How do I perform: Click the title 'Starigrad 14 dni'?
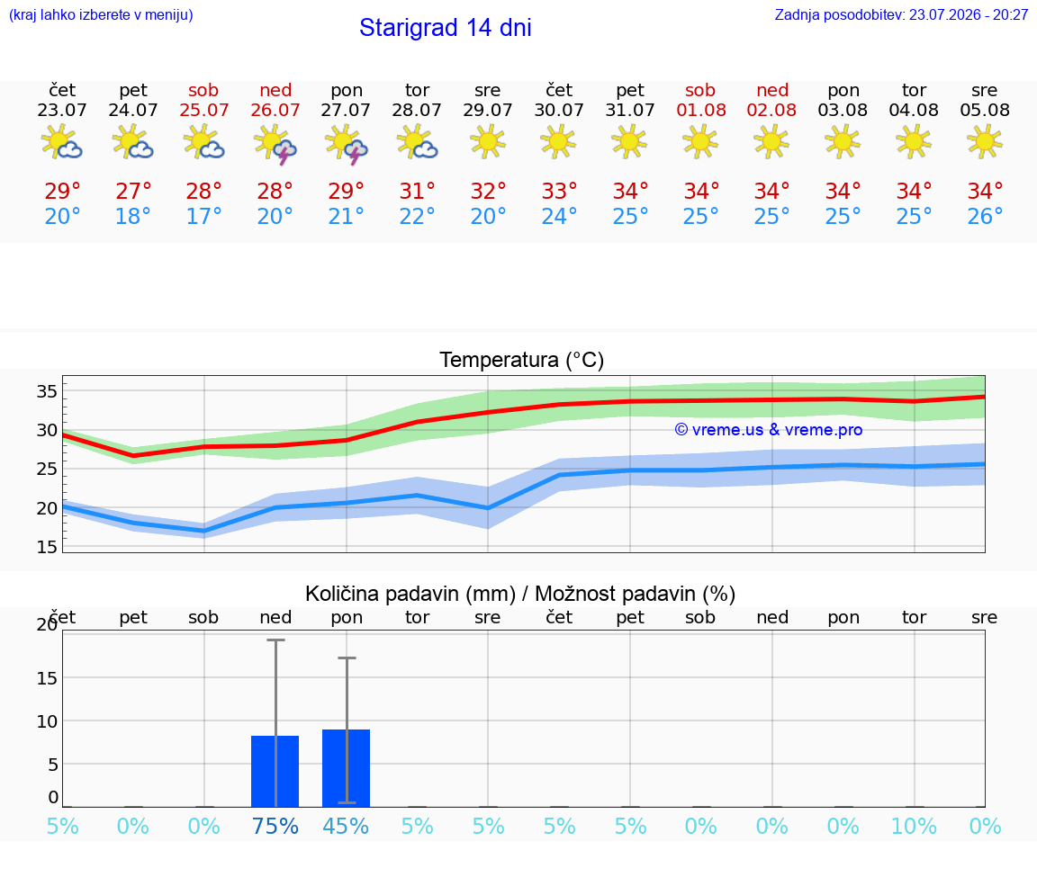click(445, 28)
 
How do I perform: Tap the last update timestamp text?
click(901, 14)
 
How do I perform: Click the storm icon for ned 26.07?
click(275, 143)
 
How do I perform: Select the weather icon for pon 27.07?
click(346, 143)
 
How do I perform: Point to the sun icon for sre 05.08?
click(984, 141)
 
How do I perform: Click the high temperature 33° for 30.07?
click(560, 191)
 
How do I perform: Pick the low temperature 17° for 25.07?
click(203, 216)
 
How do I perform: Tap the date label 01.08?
click(701, 110)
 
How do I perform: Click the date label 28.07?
click(417, 110)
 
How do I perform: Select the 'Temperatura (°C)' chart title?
click(522, 360)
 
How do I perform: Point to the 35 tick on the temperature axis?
click(47, 391)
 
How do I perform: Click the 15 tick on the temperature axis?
click(47, 547)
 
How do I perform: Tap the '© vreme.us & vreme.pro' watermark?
click(769, 430)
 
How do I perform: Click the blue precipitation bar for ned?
click(275, 771)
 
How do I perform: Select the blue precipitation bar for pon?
click(346, 768)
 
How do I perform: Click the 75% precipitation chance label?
click(275, 826)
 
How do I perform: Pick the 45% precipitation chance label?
click(346, 826)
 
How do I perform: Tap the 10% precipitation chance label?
click(914, 826)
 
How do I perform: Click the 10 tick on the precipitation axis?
click(47, 721)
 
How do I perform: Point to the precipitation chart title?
click(520, 594)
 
